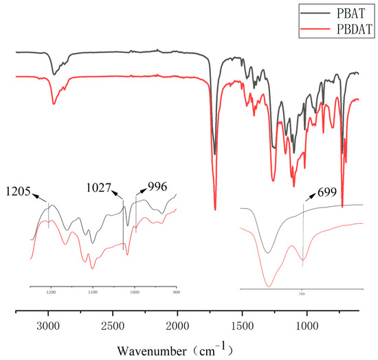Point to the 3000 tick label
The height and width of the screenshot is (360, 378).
pyautogui.click(x=49, y=326)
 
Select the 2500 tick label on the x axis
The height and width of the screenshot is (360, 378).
pyautogui.click(x=113, y=326)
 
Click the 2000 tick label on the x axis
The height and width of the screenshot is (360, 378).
pyautogui.click(x=178, y=326)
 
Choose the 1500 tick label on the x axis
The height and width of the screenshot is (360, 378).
pyautogui.click(x=243, y=326)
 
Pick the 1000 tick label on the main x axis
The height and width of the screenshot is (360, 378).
pyautogui.click(x=307, y=326)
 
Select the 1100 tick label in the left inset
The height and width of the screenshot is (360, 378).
pyautogui.click(x=93, y=292)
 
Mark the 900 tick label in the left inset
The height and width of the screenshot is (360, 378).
pyautogui.click(x=177, y=292)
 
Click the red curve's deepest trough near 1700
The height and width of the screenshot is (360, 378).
pyautogui.click(x=215, y=209)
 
